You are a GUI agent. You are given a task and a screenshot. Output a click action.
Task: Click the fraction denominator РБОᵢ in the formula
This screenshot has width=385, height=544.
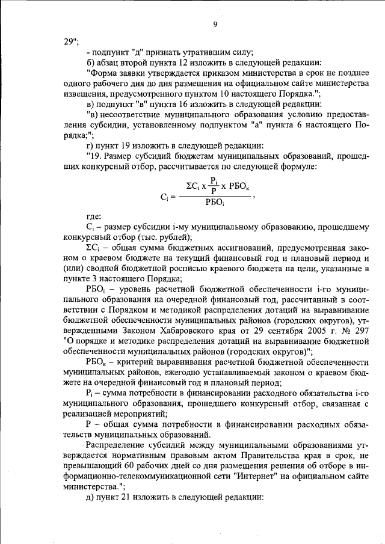(x=214, y=202)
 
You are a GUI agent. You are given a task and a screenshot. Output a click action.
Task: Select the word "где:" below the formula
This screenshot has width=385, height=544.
(x=94, y=216)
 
